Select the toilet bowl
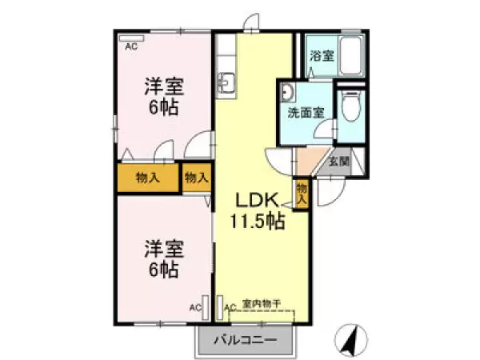tap(349, 106)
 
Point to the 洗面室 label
tap(306, 113)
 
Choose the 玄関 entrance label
tap(339, 161)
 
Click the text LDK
tap(254, 201)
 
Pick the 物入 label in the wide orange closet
tap(147, 178)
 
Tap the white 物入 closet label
tap(196, 178)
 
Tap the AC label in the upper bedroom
tap(130, 46)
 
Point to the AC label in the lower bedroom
tap(194, 306)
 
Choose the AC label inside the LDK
tap(229, 306)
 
